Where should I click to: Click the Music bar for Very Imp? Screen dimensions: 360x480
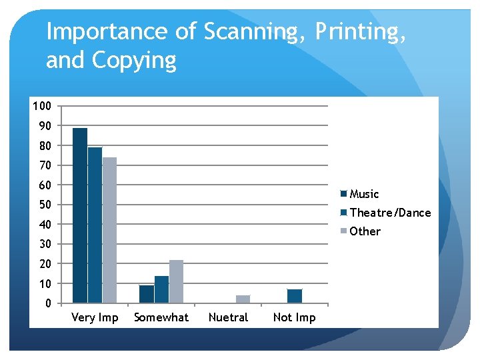pyautogui.click(x=80, y=215)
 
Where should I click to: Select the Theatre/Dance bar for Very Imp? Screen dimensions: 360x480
pyautogui.click(x=95, y=225)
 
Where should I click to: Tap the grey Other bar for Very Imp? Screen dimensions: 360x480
pyautogui.click(x=109, y=230)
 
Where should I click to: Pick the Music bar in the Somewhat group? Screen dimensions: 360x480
pyautogui.click(x=147, y=294)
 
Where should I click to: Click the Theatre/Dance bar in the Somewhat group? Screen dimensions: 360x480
pyautogui.click(x=161, y=289)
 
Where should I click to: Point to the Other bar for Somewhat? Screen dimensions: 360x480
pyautogui.click(x=176, y=281)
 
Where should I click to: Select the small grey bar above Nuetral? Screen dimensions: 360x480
pyautogui.click(x=243, y=299)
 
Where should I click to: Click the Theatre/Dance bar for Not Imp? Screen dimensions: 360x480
pyautogui.click(x=295, y=296)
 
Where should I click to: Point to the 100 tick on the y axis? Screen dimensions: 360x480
pyautogui.click(x=41, y=106)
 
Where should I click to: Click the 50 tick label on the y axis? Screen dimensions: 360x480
pyautogui.click(x=45, y=205)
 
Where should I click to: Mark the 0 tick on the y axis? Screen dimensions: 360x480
pyautogui.click(x=48, y=303)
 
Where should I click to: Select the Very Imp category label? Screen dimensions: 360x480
pyautogui.click(x=95, y=317)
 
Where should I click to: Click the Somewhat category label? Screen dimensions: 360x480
pyautogui.click(x=161, y=317)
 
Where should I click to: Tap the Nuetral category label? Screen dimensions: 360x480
pyautogui.click(x=228, y=317)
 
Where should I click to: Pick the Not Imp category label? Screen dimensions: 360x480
pyautogui.click(x=295, y=317)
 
